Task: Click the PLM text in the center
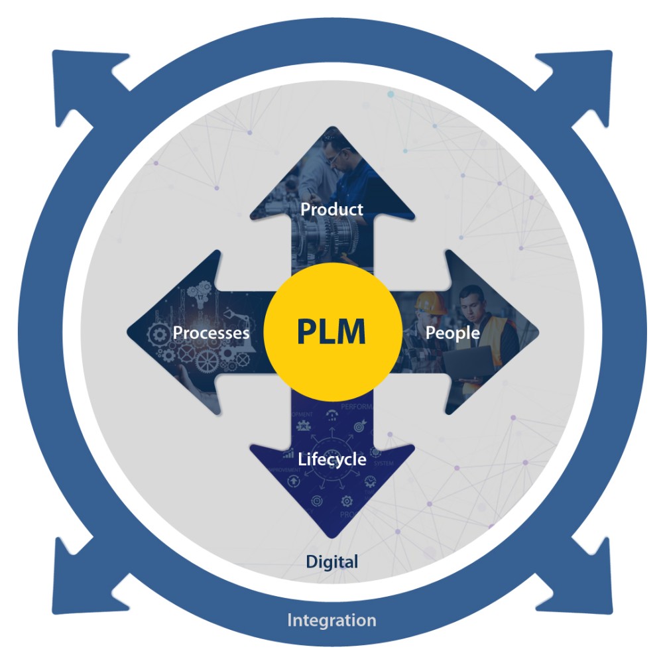(331, 332)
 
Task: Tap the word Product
(331, 210)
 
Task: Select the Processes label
(211, 332)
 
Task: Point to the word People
(452, 332)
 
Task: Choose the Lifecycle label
(331, 459)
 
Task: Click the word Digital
(331, 562)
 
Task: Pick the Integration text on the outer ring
(331, 621)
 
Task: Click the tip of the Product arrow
(331, 129)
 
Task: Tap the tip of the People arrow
(537, 331)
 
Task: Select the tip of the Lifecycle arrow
(331, 536)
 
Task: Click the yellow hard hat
(431, 302)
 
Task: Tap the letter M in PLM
(349, 332)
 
